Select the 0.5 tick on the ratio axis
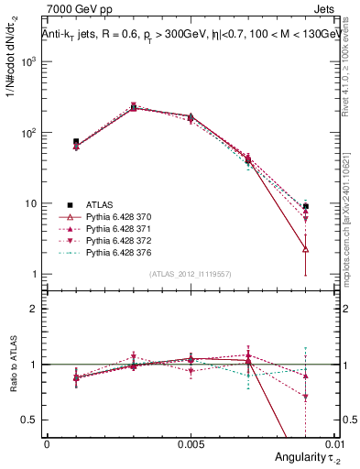(33, 420)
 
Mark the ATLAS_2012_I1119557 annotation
(190, 274)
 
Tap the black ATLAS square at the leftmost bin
(76, 142)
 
